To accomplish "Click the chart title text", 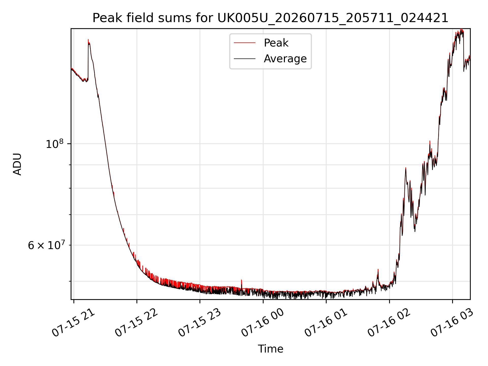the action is click(x=270, y=18).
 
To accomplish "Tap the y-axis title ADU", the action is click(x=17, y=164).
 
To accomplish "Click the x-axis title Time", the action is click(x=270, y=349).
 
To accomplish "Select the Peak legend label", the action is click(x=276, y=43).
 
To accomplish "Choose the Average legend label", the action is click(x=285, y=59).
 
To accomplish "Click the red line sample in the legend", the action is click(x=245, y=43).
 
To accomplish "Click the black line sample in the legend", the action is click(x=245, y=59).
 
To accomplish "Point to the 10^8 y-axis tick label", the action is click(x=54, y=144).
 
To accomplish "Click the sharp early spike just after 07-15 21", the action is click(x=88, y=40).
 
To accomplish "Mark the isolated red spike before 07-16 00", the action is click(x=241, y=280).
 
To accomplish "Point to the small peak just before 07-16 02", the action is click(x=378, y=269).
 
